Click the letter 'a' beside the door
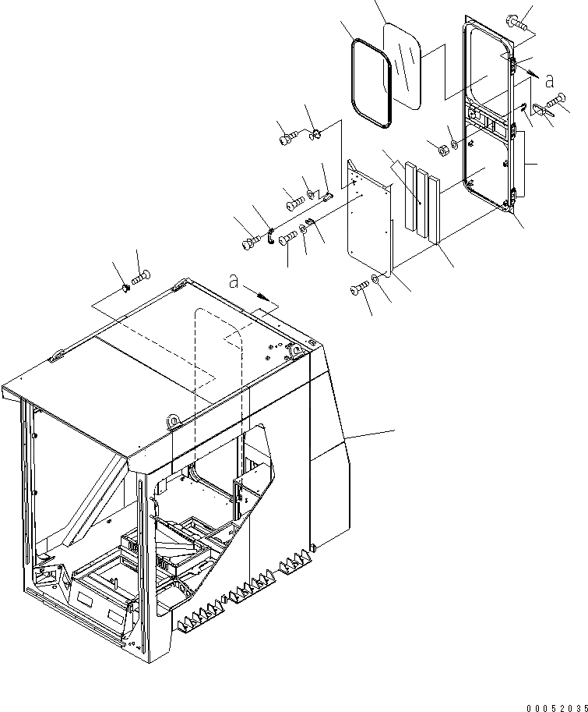[549, 80]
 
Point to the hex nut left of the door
[438, 148]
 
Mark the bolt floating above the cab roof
[142, 277]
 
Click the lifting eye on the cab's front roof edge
[172, 423]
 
